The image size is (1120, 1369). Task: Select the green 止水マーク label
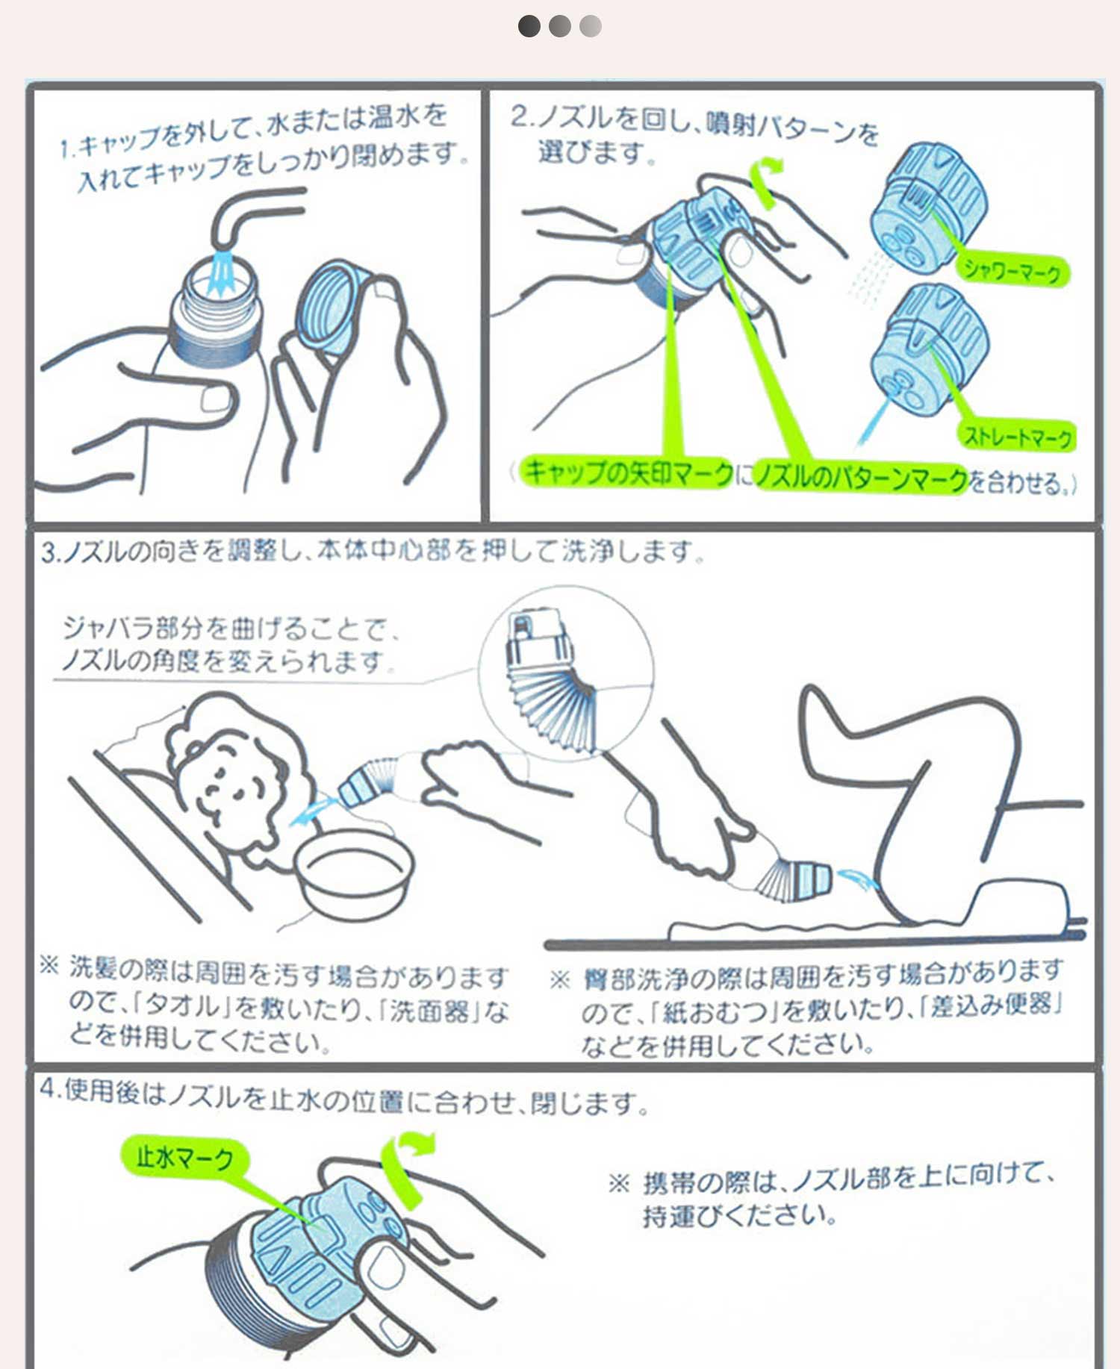184,1156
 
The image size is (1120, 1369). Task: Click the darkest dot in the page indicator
529,26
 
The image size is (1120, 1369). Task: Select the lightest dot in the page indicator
591,26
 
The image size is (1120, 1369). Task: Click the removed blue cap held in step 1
333,307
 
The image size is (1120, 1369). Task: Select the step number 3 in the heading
49,552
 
